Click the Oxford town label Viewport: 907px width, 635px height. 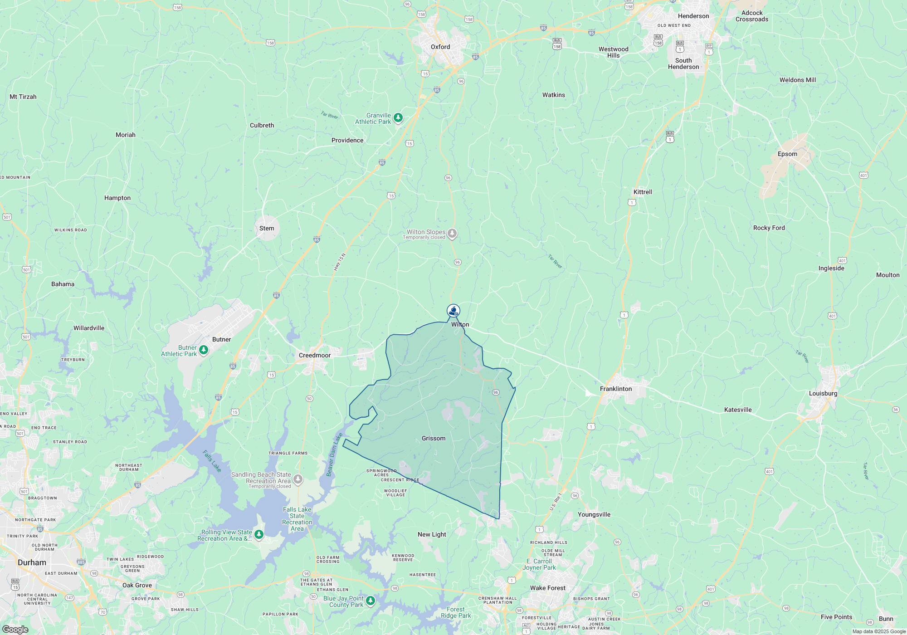tap(440, 47)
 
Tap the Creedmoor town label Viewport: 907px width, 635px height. tap(315, 355)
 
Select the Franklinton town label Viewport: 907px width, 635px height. tap(615, 389)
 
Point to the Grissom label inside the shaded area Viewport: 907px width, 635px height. tap(434, 438)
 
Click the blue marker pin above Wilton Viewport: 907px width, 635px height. tap(453, 311)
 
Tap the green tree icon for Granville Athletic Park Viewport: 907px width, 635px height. tap(398, 118)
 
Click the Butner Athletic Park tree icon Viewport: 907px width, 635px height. tap(204, 350)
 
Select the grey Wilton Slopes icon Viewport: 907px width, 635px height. tap(452, 234)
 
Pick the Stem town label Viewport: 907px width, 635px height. tap(267, 228)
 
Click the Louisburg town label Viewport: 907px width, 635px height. tap(823, 393)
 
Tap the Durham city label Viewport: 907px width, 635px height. tap(32, 562)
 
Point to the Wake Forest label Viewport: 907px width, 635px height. tap(548, 588)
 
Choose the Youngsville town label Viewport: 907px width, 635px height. tap(594, 514)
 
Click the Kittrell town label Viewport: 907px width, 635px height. tap(643, 192)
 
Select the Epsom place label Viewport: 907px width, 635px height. tap(787, 154)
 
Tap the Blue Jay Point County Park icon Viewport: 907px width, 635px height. tap(371, 601)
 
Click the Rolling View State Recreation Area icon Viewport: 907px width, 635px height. tap(259, 535)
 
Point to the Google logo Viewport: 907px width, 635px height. tap(15, 630)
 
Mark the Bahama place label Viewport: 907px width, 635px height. tap(63, 284)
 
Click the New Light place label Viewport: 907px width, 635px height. tap(432, 534)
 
